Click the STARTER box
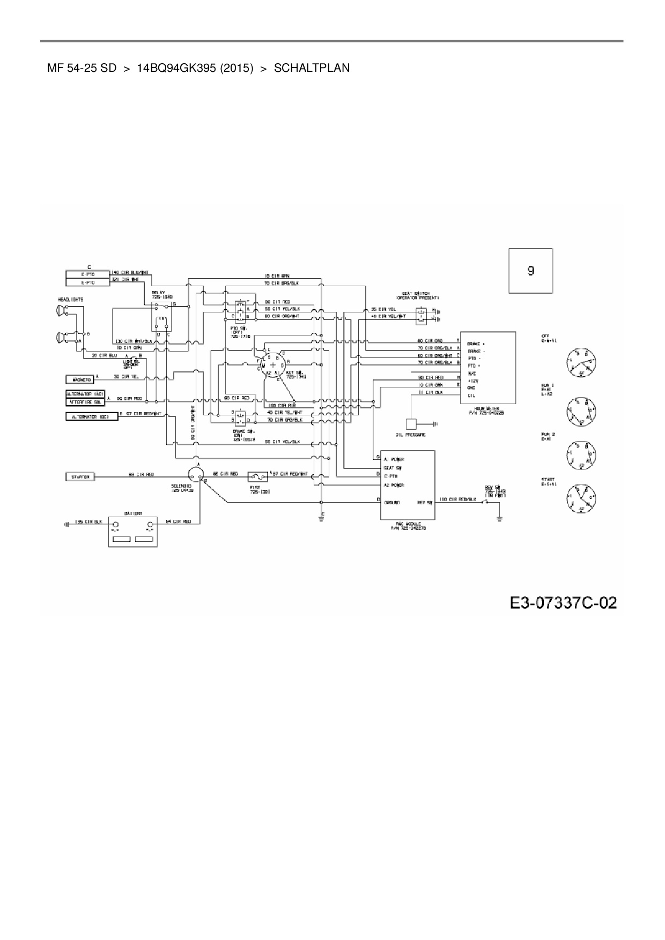80,476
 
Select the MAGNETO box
79,379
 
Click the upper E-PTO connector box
88,273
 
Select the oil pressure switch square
412,423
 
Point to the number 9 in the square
530,271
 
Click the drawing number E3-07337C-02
563,603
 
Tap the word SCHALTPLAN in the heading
312,68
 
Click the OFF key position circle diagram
581,362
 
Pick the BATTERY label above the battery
134,513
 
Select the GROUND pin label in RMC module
393,502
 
